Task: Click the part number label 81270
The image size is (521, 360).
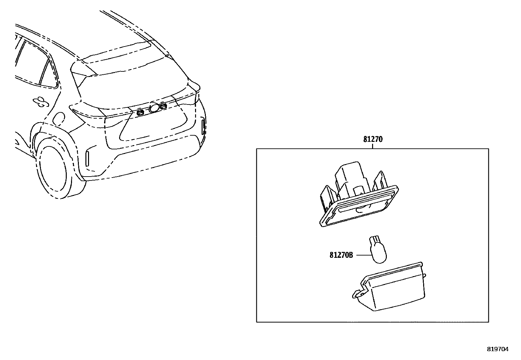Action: [x=372, y=139]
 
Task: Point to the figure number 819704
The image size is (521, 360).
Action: [x=498, y=349]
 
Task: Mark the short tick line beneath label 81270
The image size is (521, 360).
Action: [x=372, y=146]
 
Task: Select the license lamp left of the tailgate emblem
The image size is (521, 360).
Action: [x=140, y=112]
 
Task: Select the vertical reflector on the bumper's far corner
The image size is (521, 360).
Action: [x=204, y=127]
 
